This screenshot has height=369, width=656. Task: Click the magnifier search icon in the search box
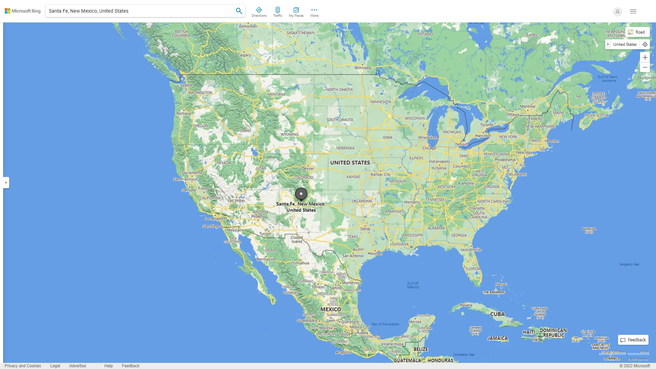coord(239,11)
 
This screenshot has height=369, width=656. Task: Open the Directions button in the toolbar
coord(259,12)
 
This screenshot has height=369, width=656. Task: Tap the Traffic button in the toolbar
coord(277,12)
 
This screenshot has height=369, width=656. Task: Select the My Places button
coord(296,12)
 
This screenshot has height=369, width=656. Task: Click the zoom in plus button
coord(645,57)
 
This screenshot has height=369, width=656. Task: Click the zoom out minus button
coord(645,67)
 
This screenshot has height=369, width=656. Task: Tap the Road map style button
coord(637,32)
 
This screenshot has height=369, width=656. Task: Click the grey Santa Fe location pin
coord(301,194)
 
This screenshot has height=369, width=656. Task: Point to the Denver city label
coord(308,168)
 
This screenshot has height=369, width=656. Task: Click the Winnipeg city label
coord(363,68)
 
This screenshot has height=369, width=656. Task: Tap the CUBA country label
coord(497,314)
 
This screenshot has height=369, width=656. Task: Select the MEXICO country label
coord(330,309)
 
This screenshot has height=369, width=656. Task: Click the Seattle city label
coord(186,85)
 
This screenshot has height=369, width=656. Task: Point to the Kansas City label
coord(381,174)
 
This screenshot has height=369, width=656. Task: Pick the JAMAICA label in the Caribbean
coord(497,338)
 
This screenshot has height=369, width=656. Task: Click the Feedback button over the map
coord(633,340)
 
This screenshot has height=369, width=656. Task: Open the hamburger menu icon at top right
coord(633,12)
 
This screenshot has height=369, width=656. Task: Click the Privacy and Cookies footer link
coord(23,366)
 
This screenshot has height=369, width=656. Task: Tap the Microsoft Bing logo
coord(23,11)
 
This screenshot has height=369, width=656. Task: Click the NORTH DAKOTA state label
coord(339,90)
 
